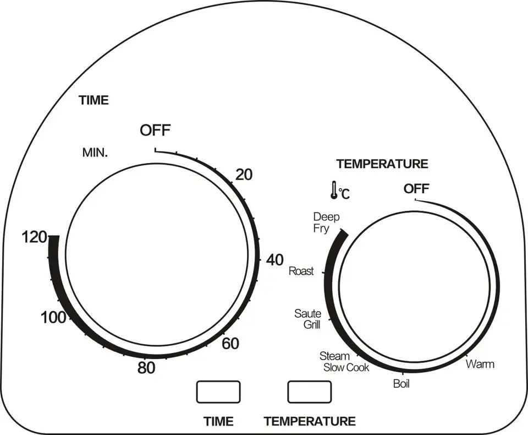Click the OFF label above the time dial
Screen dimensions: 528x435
155,130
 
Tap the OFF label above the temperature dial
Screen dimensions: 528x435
416,189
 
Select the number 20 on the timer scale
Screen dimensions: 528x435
243,175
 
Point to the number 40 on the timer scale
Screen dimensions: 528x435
274,260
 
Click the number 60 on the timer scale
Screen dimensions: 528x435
230,344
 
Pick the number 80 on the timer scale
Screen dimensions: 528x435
146,368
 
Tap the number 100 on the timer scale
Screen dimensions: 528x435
53,317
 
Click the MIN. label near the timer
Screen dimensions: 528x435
95,153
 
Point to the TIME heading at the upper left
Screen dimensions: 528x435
94,101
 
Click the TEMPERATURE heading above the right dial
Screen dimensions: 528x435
382,164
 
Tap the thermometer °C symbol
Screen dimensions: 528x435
339,191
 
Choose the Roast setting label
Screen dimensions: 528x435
301,271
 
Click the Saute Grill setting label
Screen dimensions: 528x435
308,319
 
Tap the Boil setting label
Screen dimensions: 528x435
401,384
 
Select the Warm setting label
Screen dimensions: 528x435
480,364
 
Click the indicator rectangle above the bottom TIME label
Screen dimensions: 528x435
218,392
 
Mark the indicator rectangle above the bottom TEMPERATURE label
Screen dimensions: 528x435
310,392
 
